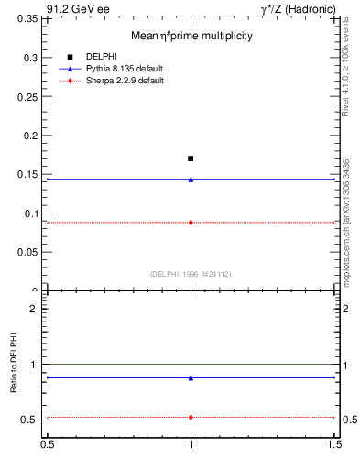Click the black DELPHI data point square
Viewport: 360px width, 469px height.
pos(191,158)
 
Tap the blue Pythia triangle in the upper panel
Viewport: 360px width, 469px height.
pos(191,180)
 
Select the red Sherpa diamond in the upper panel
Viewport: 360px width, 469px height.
pos(191,222)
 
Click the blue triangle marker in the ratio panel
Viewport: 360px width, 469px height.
pos(191,377)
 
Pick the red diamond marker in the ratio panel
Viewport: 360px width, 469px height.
pos(191,417)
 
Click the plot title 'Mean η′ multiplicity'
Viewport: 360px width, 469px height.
pos(191,36)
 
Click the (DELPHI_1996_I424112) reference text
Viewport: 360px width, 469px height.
pos(191,273)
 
